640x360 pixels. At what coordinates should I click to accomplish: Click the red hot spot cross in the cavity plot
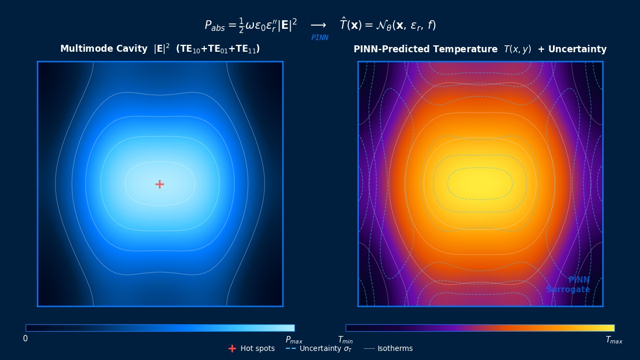click(x=159, y=184)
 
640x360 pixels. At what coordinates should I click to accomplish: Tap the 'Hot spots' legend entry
click(x=257, y=348)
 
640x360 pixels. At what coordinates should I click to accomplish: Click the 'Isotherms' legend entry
click(x=395, y=348)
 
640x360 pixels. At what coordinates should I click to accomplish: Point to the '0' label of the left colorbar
click(x=26, y=339)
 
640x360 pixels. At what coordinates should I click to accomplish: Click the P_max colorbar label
click(x=294, y=340)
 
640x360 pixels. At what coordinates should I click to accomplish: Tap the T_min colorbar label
click(x=345, y=340)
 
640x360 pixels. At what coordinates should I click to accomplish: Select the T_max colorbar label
click(x=614, y=340)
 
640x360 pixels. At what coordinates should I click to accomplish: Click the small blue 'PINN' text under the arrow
click(x=319, y=38)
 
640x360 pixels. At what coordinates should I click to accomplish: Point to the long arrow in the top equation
click(x=318, y=26)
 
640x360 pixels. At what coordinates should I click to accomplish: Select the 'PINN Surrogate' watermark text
click(x=569, y=285)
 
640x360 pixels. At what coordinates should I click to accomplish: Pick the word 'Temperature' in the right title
click(x=466, y=49)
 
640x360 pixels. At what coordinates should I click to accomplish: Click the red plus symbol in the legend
click(x=232, y=348)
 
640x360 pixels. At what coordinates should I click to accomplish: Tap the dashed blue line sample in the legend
click(x=291, y=348)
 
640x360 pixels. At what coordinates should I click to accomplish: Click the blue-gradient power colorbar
click(x=160, y=328)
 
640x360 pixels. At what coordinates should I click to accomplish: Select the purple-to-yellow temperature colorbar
click(x=480, y=328)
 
